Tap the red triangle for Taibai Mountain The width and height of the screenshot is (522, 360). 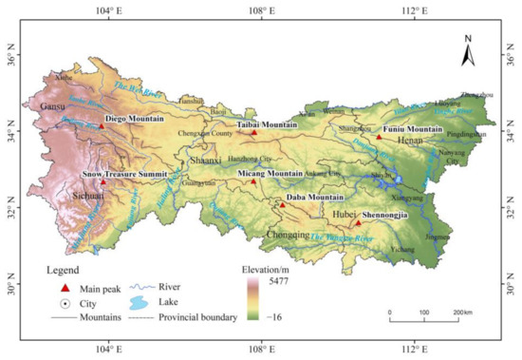(x=253, y=133)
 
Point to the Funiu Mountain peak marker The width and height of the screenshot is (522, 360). (x=379, y=137)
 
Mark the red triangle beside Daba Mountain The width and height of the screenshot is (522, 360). (x=282, y=204)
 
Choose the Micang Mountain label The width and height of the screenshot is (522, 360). (x=270, y=174)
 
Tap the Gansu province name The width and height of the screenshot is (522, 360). (x=51, y=107)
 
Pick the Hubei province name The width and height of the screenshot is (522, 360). (x=340, y=215)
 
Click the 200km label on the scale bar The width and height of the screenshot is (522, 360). (x=461, y=313)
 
